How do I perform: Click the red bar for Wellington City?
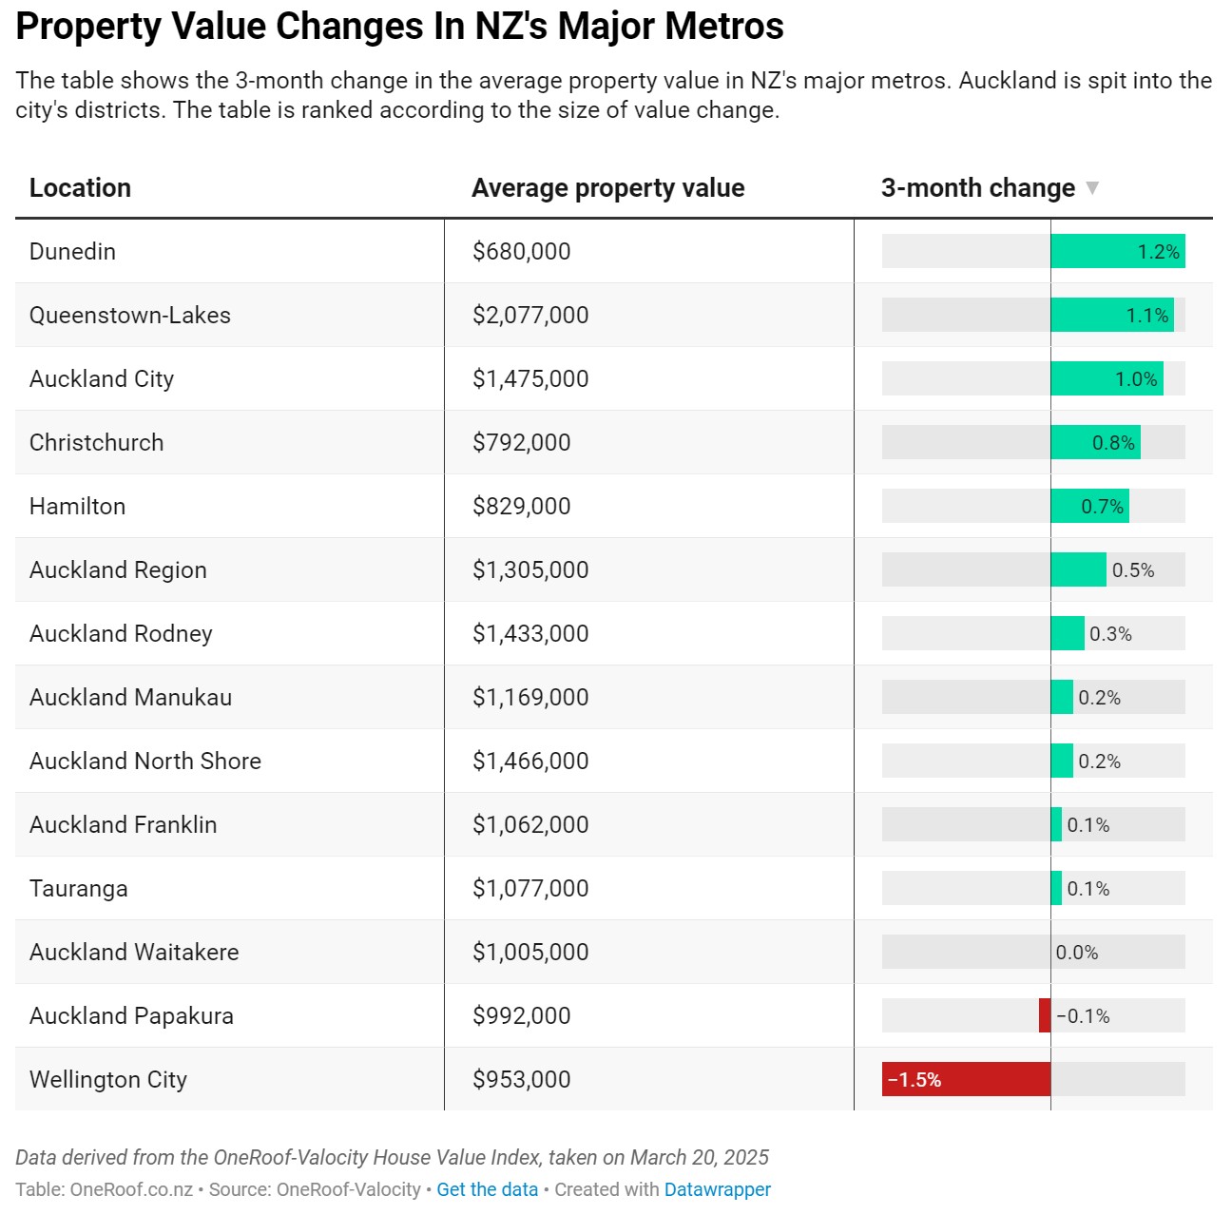pos(966,1079)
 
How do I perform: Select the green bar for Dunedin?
pos(1118,251)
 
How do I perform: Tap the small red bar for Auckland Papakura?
pos(1045,1015)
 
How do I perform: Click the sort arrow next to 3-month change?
pos(1092,188)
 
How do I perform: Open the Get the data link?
pos(487,1189)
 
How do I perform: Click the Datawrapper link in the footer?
pos(718,1189)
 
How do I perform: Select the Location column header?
pos(80,188)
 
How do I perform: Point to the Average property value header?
pos(608,188)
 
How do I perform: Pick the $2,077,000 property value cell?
pos(530,316)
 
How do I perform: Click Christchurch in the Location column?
pos(97,442)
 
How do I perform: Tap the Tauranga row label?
pos(79,889)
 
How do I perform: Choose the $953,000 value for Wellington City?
pos(522,1079)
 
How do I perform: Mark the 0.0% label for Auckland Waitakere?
pos(1077,953)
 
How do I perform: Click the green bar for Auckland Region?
pos(1079,569)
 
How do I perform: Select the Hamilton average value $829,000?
pos(522,507)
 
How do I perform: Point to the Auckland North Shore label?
pos(145,761)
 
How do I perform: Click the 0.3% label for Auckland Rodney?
pos(1110,634)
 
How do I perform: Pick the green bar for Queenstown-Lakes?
pos(1112,316)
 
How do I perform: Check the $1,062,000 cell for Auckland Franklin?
pos(530,825)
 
